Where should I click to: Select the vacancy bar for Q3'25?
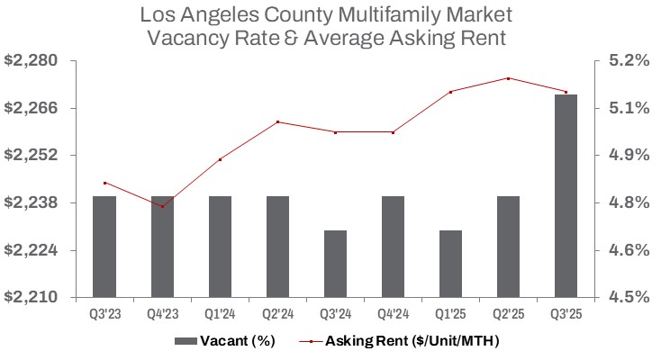click(x=566, y=195)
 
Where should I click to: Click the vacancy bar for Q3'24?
click(x=335, y=264)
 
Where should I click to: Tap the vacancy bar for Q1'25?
click(x=450, y=264)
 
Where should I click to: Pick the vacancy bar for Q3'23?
click(x=104, y=247)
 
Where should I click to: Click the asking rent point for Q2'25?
click(x=508, y=78)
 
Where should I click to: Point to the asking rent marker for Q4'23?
click(x=162, y=206)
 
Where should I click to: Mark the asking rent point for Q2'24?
click(x=277, y=121)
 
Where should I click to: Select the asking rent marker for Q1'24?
click(x=220, y=159)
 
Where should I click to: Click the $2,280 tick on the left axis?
click(x=32, y=61)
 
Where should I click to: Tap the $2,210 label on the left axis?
click(x=32, y=297)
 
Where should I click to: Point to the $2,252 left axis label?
click(x=32, y=156)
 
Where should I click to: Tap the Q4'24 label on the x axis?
click(x=393, y=316)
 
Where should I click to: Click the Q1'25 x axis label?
click(x=450, y=316)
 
